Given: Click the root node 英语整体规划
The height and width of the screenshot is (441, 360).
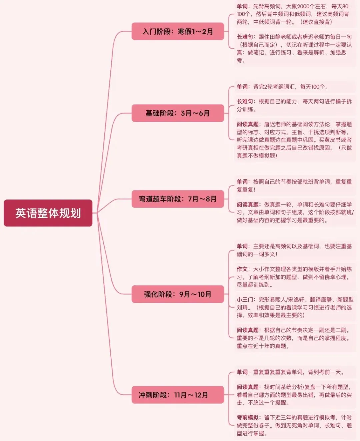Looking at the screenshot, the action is coord(48,213).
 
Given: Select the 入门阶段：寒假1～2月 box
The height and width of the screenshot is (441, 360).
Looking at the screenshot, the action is coord(178,32).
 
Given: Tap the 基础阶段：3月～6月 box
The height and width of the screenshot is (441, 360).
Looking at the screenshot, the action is coord(178,113).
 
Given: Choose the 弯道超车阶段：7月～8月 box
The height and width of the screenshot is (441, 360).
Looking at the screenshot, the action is coord(178,199).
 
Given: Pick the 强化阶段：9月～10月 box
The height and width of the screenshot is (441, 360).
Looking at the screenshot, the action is coord(178,294).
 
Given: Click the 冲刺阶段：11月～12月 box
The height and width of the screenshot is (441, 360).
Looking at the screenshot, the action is coord(178,395).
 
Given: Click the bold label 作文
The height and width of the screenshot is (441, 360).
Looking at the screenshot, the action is coord(242,269).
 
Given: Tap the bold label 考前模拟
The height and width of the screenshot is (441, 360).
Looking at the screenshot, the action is coord(248,418).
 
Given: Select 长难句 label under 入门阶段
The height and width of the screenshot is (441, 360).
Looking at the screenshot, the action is coord(245,37).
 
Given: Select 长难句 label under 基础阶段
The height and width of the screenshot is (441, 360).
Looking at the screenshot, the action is coord(245,102).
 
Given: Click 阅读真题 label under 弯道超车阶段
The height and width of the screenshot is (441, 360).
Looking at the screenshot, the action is coord(248,205).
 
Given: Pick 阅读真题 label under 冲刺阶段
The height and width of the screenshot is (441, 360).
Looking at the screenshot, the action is coord(248,387).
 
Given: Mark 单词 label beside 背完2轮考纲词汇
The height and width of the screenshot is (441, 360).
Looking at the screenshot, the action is coord(242,87).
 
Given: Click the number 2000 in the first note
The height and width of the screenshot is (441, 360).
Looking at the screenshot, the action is coord(303,6).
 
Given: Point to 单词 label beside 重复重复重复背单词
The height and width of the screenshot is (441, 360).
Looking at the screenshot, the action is coord(242,372).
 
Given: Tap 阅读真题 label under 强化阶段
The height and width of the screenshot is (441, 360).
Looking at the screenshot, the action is coord(248,330).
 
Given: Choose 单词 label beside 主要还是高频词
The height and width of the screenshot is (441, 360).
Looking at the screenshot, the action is coord(242,246).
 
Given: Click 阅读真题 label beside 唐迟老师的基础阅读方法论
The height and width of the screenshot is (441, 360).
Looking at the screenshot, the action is coord(248,125).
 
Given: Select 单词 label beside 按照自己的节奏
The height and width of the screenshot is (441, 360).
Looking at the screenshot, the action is coord(242,182).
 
